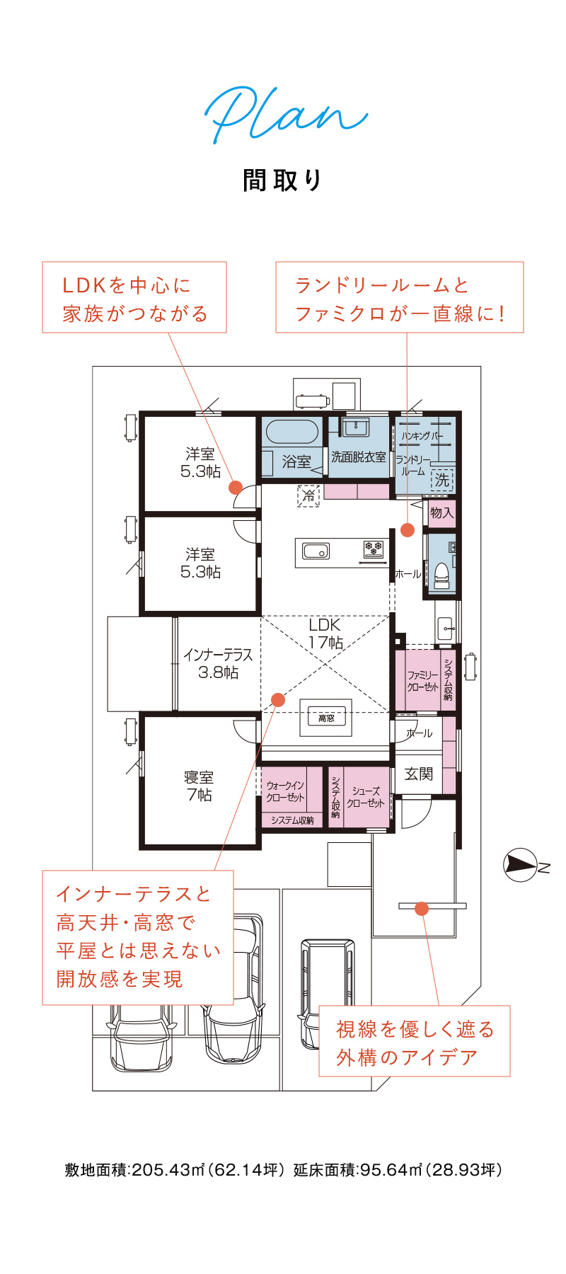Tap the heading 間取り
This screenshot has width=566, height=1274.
pos(283,180)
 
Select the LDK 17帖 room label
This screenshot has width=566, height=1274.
pos(325,633)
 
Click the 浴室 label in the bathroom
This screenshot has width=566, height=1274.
pos(296,462)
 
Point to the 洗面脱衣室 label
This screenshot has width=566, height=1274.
pos(359,457)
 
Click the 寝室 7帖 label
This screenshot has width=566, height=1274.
pos(200,786)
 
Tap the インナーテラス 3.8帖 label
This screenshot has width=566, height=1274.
pos(218,664)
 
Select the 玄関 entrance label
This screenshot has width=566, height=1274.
pos(418,774)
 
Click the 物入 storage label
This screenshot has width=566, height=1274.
pos(441,512)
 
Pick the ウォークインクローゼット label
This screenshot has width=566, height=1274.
pos(286,791)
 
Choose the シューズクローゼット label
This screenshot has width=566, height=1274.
pos(366,797)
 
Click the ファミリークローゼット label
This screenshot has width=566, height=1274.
pos(423,681)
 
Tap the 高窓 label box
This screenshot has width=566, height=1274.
pos(326,718)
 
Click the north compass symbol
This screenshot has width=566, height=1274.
pos(520,865)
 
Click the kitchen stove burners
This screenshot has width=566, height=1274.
pos(374,549)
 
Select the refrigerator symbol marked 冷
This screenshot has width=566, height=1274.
pos(308,495)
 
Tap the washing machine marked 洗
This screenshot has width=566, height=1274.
pos(442,480)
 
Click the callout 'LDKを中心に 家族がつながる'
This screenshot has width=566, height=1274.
pos(134,298)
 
